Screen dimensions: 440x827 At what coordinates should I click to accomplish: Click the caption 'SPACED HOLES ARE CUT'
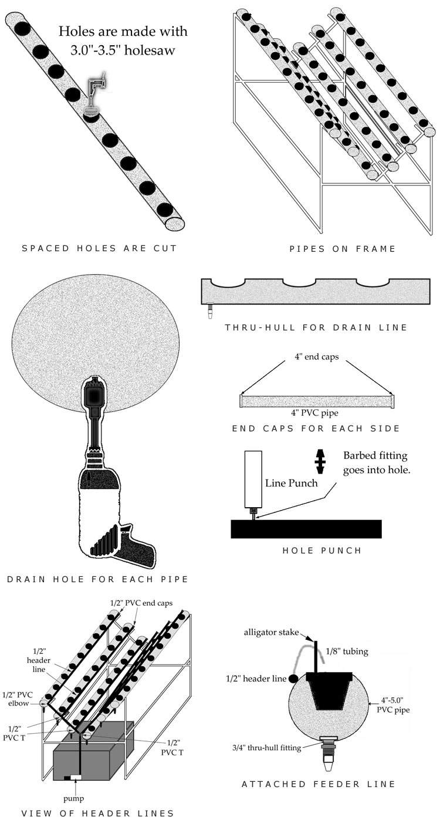pos(99,248)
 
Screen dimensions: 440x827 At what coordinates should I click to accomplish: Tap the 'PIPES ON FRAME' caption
pos(343,249)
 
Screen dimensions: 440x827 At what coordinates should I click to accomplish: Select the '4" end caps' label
pos(317,357)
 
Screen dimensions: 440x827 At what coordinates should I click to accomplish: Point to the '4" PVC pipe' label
pos(314,413)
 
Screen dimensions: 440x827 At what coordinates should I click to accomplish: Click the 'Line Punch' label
pos(291,483)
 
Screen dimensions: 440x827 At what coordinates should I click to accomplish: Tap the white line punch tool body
pos(253,479)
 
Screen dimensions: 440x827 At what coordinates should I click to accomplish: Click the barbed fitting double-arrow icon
pos(320,461)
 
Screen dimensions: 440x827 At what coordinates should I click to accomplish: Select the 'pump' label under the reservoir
pos(74,798)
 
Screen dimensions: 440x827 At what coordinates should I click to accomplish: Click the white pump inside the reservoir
pos(76,777)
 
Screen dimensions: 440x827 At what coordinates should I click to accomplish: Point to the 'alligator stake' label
pos(271,632)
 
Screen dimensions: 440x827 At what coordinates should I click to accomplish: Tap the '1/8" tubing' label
pos(347,652)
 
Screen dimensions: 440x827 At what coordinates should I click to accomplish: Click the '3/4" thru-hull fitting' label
pos(266,748)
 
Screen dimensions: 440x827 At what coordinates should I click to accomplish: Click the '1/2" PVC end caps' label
pos(141,603)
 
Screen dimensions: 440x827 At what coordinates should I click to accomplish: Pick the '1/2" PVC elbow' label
pos(18,699)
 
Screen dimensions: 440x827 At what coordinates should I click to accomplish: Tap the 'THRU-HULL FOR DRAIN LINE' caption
pos(316,327)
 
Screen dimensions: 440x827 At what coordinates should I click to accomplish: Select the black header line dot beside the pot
pos(294,679)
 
